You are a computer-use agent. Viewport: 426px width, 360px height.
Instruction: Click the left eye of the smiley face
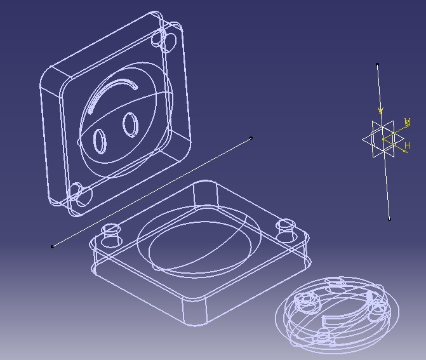[x=100, y=140]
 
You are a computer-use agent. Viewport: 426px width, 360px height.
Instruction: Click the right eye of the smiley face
[x=130, y=124]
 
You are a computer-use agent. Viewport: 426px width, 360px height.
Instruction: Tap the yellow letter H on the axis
[x=407, y=146]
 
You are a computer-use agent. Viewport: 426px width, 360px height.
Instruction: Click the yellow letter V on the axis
[x=381, y=112]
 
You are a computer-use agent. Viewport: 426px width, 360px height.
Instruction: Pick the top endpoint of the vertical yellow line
[x=378, y=64]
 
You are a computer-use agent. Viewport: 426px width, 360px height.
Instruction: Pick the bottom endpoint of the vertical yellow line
[x=389, y=220]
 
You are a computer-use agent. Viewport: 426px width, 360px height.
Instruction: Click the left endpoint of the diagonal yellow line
[x=52, y=246]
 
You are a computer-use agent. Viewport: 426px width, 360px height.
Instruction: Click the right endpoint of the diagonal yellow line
[x=251, y=138]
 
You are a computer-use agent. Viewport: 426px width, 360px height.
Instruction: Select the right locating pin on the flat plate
[x=286, y=229]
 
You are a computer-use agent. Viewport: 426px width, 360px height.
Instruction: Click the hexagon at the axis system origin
[x=382, y=139]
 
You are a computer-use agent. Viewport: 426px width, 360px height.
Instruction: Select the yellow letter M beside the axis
[x=407, y=122]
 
